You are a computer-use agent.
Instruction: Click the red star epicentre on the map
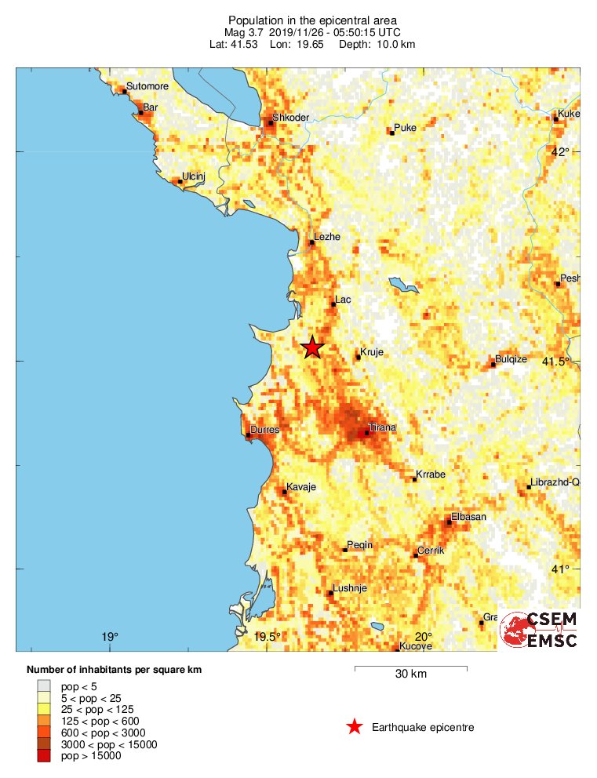tap(312, 347)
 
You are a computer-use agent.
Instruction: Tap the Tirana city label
tap(383, 427)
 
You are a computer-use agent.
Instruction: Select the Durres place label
tap(264, 430)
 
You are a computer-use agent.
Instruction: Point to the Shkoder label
tap(292, 118)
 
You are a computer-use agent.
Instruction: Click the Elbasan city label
tap(469, 517)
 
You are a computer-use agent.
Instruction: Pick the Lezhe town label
tap(327, 236)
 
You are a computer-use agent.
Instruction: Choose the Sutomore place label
tap(147, 87)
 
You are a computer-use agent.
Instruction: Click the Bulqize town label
tap(511, 358)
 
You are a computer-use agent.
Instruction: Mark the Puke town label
tap(405, 127)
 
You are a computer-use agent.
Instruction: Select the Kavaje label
tap(300, 487)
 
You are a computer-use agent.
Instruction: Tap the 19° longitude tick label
tap(110, 636)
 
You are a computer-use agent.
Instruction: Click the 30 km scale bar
tap(410, 669)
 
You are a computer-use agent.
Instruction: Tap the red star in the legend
tap(355, 727)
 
